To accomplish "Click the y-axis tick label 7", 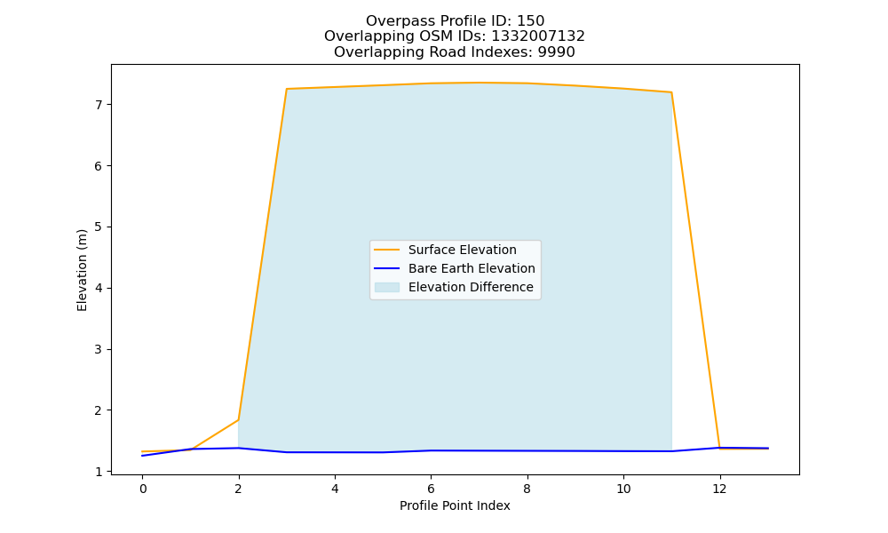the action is (99, 105).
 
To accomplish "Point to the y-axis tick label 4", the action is (99, 289).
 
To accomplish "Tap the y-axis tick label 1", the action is (99, 472).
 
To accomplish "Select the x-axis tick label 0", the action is (143, 489).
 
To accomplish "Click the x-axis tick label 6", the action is (431, 489).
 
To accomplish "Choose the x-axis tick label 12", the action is (719, 489).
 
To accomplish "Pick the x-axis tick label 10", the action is (623, 489).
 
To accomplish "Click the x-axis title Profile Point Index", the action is (455, 505).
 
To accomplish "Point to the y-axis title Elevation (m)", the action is (82, 270).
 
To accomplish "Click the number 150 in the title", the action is (531, 21).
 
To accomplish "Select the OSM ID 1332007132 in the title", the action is (538, 36).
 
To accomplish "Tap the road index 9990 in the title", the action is (556, 52).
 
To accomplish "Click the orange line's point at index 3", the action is (287, 89).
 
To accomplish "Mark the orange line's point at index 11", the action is (671, 92).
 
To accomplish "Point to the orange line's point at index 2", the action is (238, 419).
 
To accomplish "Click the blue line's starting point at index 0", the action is (143, 456).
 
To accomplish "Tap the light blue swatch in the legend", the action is (387, 287).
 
